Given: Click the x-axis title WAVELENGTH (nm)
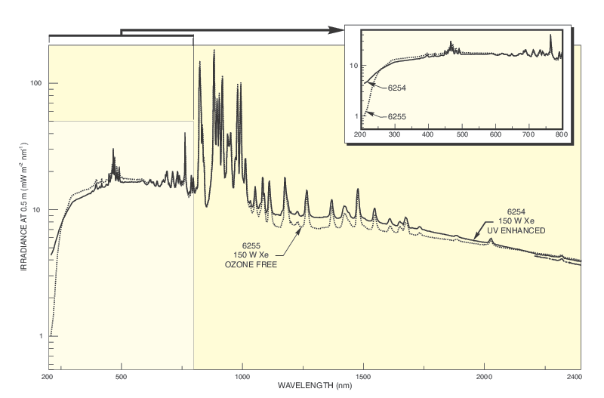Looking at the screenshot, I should coord(314,386).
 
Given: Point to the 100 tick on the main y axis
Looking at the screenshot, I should coord(35,83).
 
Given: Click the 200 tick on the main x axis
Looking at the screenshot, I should coord(47,376).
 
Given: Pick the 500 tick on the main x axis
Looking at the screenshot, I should coord(122,376).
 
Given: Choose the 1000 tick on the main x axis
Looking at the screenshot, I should coord(242,376).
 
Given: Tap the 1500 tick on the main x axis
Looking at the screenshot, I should coord(363,376).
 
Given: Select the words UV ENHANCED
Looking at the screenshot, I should coord(516,230).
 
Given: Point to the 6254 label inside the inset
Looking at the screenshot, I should coord(398,88).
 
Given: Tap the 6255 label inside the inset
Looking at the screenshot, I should coord(398,117).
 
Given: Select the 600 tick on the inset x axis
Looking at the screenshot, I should coord(495,134).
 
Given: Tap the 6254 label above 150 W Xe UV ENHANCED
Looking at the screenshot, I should coord(516,211).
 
